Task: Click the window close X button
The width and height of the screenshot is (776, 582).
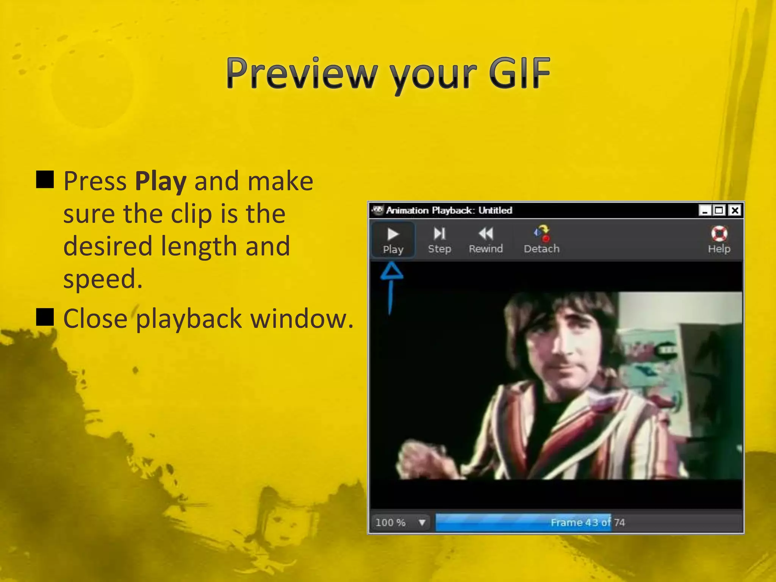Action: pos(735,210)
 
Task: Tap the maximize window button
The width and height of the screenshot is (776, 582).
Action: pos(719,210)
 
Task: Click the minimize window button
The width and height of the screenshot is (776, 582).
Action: pos(704,210)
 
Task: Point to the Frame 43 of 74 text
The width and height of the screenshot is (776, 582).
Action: pos(587,523)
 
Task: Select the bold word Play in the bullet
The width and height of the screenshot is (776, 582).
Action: pos(161,181)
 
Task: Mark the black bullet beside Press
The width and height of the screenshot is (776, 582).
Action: pos(45,180)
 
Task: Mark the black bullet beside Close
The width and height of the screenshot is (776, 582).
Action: pos(45,317)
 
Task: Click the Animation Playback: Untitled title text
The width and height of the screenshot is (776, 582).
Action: pos(449,210)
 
